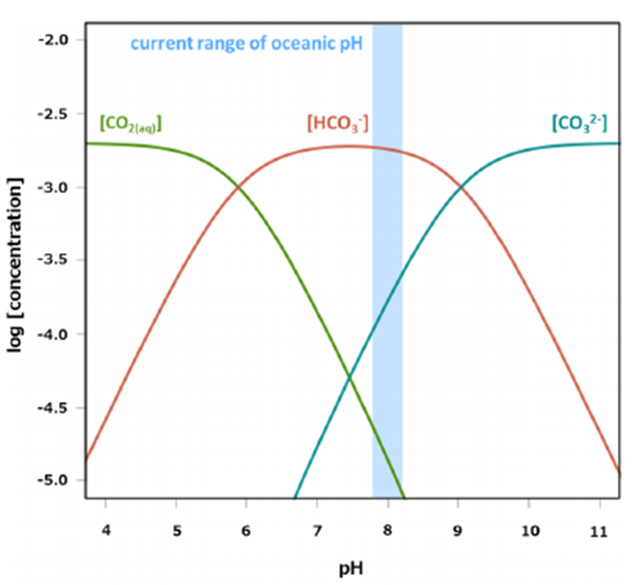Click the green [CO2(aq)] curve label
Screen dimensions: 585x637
point(130,124)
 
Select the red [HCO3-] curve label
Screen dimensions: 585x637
point(338,124)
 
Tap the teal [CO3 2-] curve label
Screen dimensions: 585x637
point(579,124)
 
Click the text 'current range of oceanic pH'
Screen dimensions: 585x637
point(246,42)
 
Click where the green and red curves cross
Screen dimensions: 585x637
point(239,187)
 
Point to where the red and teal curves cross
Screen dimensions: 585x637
point(460,188)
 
